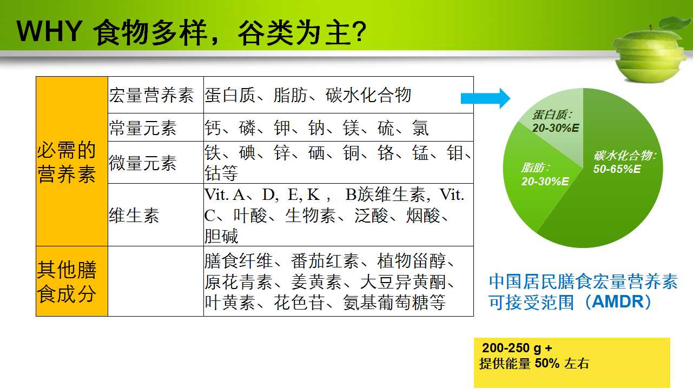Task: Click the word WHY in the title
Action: tap(50, 31)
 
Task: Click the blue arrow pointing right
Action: tap(485, 98)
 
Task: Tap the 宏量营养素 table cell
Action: tap(156, 95)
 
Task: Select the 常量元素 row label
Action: tap(156, 128)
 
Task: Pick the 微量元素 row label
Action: tap(156, 163)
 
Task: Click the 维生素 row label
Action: tap(156, 215)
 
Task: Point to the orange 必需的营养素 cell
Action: tap(72, 162)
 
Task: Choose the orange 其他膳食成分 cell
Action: tap(72, 281)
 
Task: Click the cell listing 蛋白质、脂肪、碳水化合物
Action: tap(339, 95)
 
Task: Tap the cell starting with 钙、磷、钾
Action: tap(339, 128)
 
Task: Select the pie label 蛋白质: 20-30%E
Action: tap(556, 122)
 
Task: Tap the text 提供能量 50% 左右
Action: tap(534, 364)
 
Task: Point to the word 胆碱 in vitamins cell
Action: tap(221, 236)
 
